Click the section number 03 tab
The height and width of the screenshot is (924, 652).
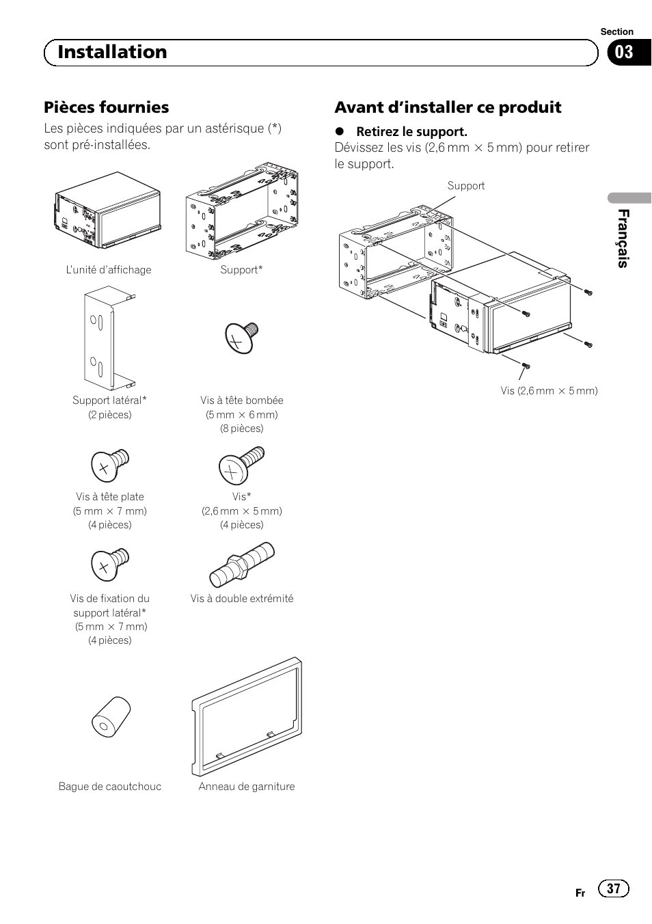[624, 53]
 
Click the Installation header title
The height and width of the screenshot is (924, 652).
[112, 52]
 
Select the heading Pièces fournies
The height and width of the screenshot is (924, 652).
[106, 107]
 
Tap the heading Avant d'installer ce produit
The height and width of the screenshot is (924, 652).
[448, 107]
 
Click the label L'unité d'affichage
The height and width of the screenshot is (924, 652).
[109, 270]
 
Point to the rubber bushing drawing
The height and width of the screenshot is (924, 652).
[111, 717]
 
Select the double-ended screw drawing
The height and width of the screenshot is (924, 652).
[242, 565]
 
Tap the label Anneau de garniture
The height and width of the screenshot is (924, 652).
[247, 787]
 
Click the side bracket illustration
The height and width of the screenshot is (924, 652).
[108, 338]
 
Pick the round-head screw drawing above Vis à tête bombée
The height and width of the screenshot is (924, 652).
[241, 338]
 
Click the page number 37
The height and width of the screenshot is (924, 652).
[613, 888]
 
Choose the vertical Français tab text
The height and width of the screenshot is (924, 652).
[622, 239]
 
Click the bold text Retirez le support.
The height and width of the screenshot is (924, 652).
[411, 131]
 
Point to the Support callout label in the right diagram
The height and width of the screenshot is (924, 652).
[465, 186]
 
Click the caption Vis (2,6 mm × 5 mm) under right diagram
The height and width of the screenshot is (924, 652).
[549, 391]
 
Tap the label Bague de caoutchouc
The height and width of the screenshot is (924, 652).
[110, 787]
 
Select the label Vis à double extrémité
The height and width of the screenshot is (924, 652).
[242, 599]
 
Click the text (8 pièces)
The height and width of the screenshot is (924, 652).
[241, 429]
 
